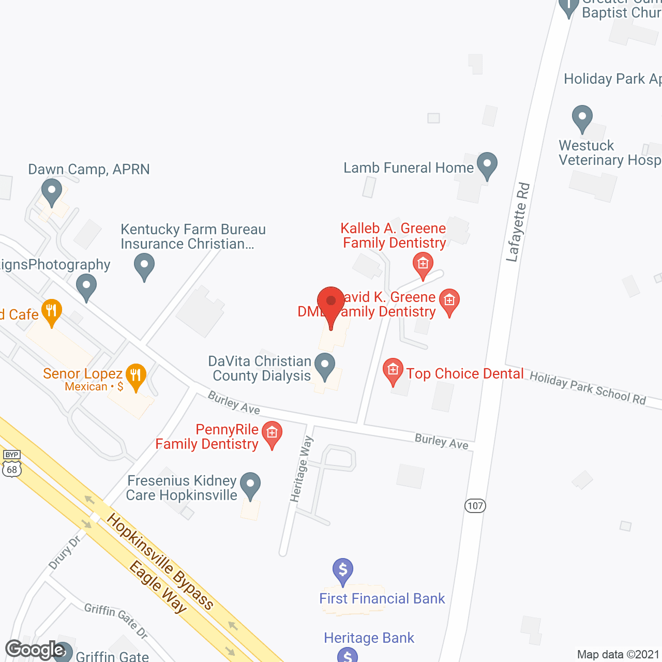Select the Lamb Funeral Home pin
click(487, 165)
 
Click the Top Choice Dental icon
click(393, 371)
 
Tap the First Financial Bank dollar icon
click(343, 570)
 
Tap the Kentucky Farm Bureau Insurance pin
click(144, 266)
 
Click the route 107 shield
click(475, 505)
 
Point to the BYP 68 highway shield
click(12, 464)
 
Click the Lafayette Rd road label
click(519, 222)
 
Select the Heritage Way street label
click(302, 469)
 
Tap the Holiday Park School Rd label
click(588, 388)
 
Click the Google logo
click(35, 650)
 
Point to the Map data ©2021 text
click(618, 654)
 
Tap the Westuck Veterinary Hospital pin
click(582, 118)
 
